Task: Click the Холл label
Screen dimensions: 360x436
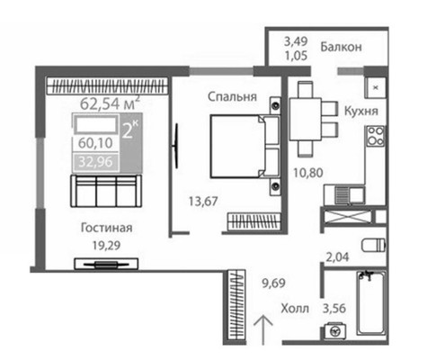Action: click(x=294, y=308)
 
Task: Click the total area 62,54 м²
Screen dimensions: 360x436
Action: click(x=110, y=103)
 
